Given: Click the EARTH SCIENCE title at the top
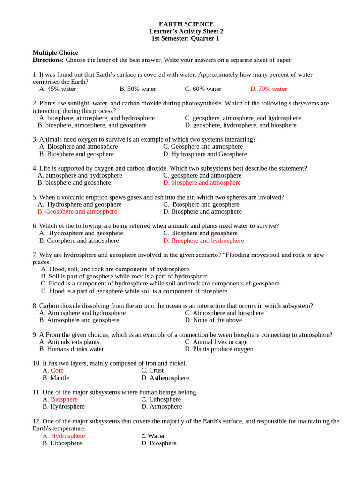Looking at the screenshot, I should coord(186,24).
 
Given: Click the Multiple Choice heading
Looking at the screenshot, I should coord(55,53).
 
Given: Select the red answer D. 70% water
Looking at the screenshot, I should coord(269,89).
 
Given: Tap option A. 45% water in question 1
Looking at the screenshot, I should coord(58,89).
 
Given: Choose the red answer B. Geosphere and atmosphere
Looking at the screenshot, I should coord(77,212).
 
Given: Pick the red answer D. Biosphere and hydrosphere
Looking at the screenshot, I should coord(203,240).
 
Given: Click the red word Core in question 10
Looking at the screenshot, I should coord(57,371).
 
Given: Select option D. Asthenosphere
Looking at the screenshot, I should coord(165,378).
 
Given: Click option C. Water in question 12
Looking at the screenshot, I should coord(153,436).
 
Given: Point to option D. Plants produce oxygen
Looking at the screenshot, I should coord(219,349).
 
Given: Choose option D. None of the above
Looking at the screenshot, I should coord(213,320).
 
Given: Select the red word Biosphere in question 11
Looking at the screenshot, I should coord(64,399).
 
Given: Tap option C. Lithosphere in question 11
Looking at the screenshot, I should coord(161,399).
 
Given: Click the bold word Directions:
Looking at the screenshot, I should coord(48,60).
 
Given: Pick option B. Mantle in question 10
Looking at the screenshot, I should coord(56,378).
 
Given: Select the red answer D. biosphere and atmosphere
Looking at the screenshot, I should coord(202,183).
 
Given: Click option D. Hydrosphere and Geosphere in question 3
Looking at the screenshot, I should coord(205,154).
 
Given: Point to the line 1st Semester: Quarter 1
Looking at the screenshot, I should coord(185,38).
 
